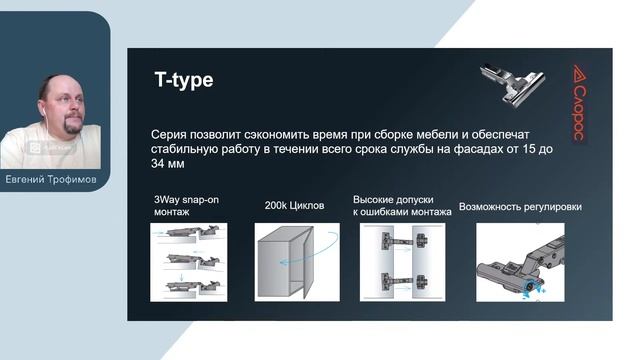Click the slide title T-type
coord(183,80)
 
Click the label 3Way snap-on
coord(186,200)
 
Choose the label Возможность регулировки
coord(520,207)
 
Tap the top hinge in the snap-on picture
coord(189,233)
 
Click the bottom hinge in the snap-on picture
coord(189,286)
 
